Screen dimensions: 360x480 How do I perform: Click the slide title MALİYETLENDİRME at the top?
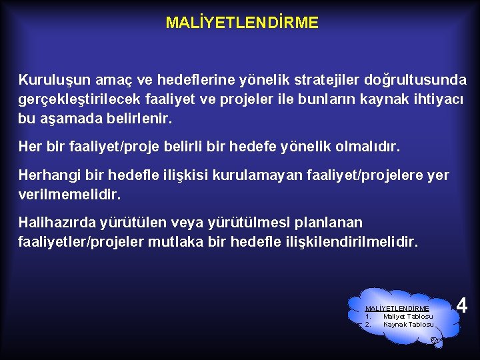242,23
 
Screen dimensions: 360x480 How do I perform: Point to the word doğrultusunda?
415,81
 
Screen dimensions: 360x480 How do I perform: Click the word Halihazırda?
57,222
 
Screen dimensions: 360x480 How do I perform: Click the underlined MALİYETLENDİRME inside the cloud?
397,308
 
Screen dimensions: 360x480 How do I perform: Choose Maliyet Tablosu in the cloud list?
407,316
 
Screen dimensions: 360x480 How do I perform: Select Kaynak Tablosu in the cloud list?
408,324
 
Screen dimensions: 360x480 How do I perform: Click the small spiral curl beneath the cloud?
433,340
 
